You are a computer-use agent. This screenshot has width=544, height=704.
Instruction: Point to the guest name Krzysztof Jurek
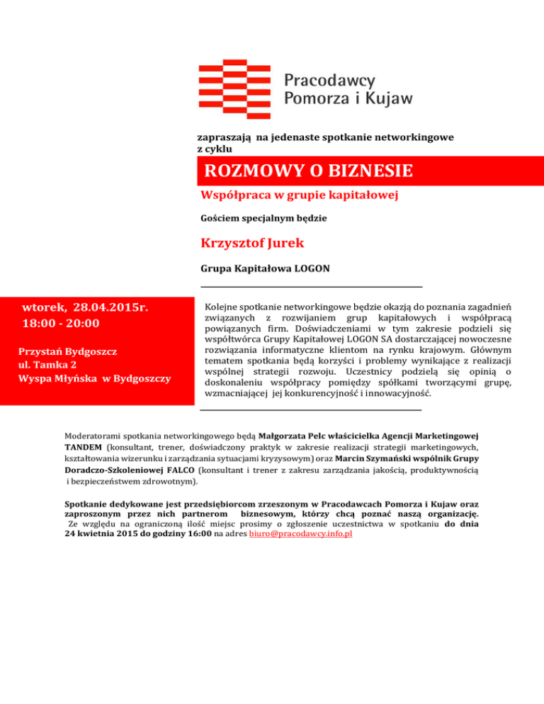[x=252, y=244]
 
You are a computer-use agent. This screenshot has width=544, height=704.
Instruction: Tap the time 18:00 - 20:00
[x=61, y=324]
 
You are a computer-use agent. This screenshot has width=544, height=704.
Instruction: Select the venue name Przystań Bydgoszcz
[x=68, y=352]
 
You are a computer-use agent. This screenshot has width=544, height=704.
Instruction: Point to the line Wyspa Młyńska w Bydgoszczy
[x=94, y=379]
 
